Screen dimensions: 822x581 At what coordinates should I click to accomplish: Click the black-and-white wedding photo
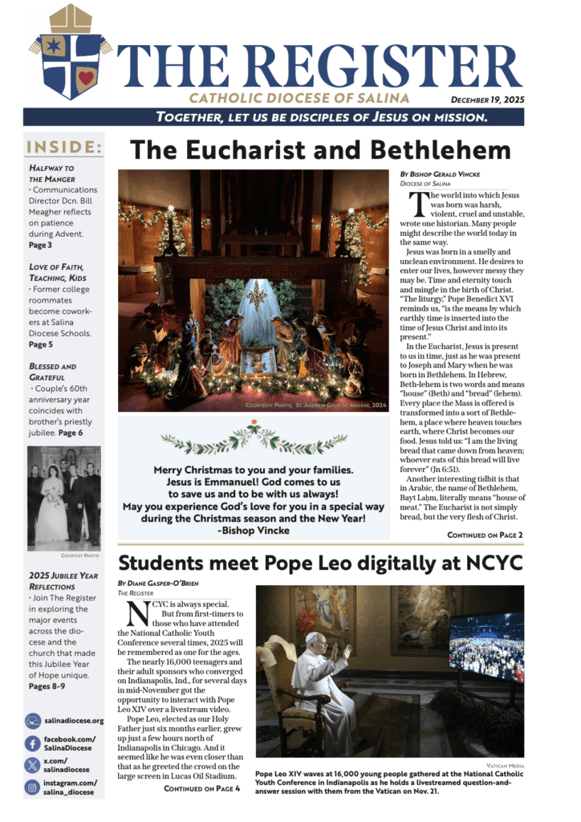[64, 498]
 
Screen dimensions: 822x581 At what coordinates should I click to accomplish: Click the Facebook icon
[34, 743]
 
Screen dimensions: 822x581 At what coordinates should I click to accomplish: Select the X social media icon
[34, 765]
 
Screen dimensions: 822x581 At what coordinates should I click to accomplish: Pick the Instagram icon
[34, 787]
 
